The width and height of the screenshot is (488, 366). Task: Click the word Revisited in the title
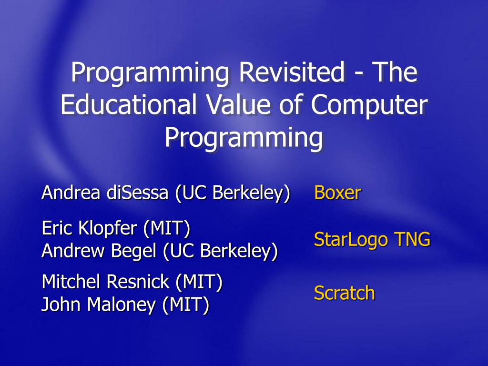pos(291,73)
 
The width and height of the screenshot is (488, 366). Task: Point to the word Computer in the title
pos(368,105)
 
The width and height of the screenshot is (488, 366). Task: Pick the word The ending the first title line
pos(395,73)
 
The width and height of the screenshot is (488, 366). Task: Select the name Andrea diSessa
pos(105,193)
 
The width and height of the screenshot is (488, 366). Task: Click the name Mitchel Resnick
pos(105,282)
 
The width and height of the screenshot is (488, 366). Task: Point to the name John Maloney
pos(98,305)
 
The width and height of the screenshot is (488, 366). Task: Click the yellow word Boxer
pos(337,193)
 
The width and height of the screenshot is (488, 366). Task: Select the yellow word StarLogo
pos(351,239)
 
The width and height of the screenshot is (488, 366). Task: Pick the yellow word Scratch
pos(344,293)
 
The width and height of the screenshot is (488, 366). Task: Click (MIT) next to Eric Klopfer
pos(166,228)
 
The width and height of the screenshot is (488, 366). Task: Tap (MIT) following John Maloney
pos(185,305)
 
